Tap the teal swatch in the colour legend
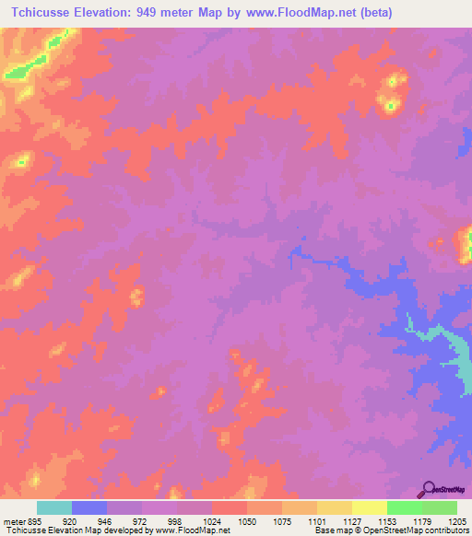coord(54,507)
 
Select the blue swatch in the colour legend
coord(89,507)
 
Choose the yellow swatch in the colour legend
coord(370,507)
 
